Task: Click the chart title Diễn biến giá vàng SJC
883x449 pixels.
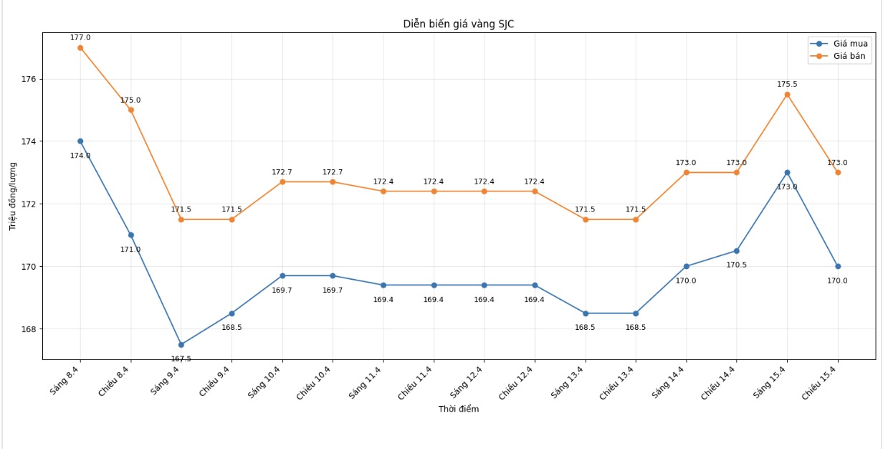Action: (x=458, y=24)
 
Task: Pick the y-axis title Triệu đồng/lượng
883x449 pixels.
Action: (x=12, y=195)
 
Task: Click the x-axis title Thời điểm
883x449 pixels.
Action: (x=458, y=409)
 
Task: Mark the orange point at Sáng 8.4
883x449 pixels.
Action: (x=80, y=48)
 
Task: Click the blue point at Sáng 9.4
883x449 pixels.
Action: (x=181, y=345)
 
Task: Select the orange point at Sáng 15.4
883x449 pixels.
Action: (x=787, y=95)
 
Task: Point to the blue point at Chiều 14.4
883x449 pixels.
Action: (x=737, y=251)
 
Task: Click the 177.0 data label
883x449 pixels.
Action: (x=80, y=37)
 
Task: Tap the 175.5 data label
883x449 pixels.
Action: (x=787, y=84)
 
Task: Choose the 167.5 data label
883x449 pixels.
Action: (x=181, y=358)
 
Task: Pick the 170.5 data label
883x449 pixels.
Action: (x=737, y=265)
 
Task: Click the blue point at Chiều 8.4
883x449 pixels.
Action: (x=131, y=235)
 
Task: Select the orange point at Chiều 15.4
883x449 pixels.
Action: (x=838, y=172)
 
